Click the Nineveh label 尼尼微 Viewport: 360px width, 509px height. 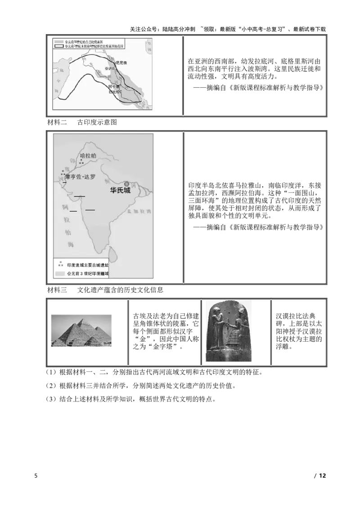(x=121, y=63)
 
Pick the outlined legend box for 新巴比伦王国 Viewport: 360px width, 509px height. (x=59, y=46)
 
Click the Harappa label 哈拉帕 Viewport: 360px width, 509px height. (x=88, y=156)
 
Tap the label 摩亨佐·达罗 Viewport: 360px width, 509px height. (x=81, y=177)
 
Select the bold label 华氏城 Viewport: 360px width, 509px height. (x=120, y=190)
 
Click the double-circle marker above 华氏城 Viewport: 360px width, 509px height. (x=127, y=183)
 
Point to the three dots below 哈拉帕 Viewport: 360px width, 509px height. (x=81, y=161)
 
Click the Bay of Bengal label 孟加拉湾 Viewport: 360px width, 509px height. (x=138, y=210)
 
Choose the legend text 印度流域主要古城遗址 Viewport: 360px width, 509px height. (x=88, y=265)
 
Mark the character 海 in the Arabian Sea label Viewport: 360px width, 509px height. (x=71, y=244)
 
